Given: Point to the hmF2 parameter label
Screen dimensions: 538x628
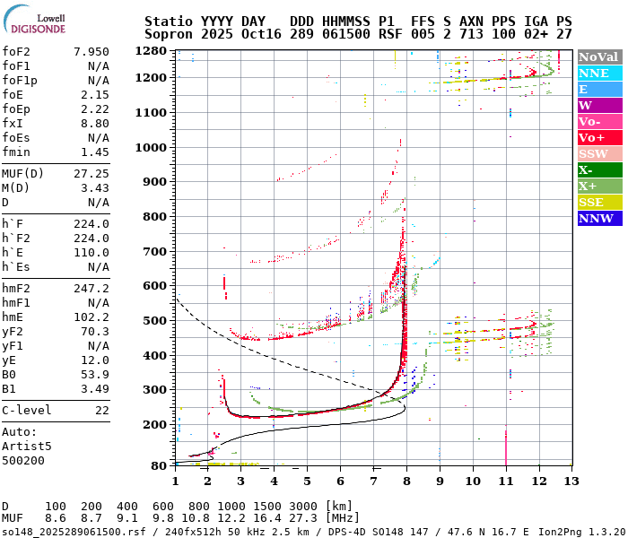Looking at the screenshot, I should point(19,288).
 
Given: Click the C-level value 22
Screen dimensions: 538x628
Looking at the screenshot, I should point(101,410).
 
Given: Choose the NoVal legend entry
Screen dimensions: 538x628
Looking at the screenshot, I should point(599,56).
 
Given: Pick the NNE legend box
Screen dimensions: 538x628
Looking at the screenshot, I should point(599,73).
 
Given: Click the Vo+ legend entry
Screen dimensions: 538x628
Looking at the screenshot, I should point(599,137).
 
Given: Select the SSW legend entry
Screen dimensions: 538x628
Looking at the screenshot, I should point(599,153).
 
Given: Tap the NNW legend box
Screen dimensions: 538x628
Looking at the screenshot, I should point(599,218).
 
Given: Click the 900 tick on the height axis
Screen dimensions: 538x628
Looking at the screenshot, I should point(155,181).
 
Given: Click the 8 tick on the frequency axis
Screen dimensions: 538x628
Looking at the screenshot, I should point(406,482).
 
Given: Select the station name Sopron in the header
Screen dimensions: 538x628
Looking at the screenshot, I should point(170,33).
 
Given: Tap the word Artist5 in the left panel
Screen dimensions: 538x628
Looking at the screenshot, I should point(27,446).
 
